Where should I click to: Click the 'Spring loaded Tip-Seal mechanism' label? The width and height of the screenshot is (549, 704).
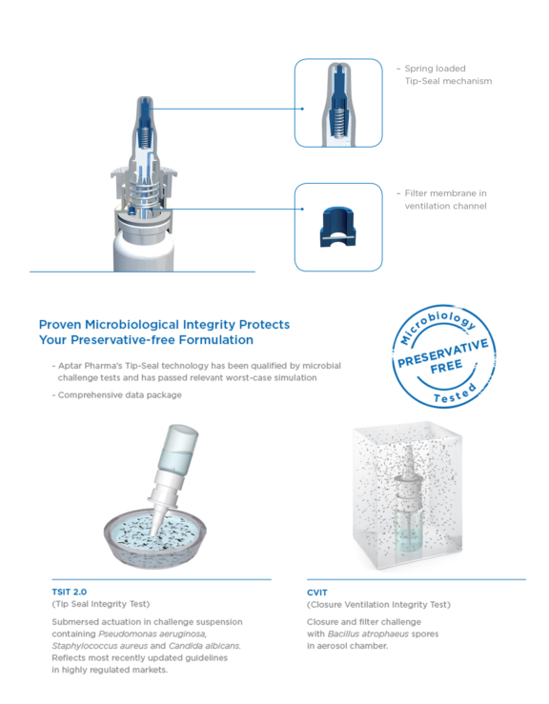[x=448, y=74]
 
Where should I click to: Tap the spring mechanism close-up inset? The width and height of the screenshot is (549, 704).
[x=337, y=103]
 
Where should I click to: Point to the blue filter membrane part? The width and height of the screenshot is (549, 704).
[x=337, y=226]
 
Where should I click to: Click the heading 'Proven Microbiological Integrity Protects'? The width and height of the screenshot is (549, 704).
[x=164, y=324]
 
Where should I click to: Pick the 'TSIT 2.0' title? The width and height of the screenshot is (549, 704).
[x=71, y=591]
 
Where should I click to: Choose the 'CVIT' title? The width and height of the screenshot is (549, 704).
[x=318, y=592]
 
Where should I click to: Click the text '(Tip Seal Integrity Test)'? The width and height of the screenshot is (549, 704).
[x=101, y=604]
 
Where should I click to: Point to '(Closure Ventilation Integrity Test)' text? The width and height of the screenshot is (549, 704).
[x=378, y=605]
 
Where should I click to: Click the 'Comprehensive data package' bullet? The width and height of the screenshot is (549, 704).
[x=119, y=394]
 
